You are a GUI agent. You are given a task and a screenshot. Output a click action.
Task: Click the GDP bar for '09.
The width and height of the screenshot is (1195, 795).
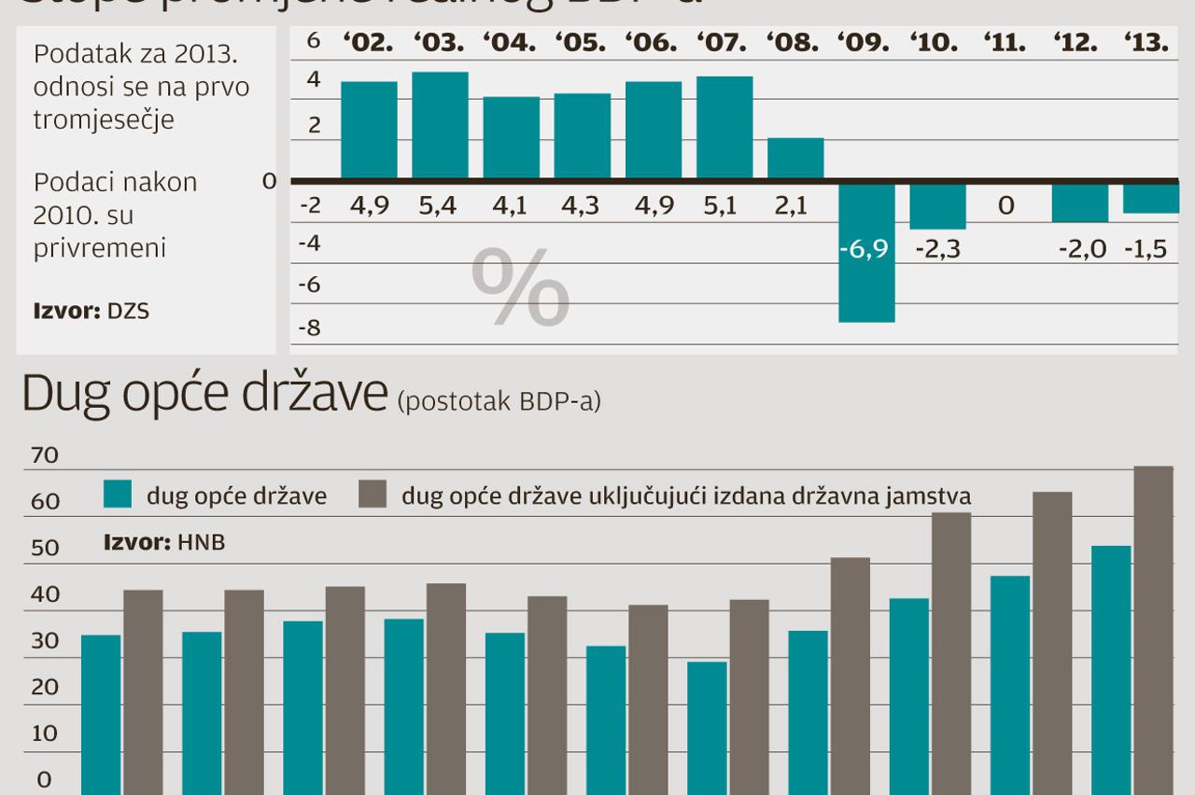click(866, 252)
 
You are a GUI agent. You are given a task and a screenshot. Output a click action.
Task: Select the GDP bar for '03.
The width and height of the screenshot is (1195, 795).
click(440, 125)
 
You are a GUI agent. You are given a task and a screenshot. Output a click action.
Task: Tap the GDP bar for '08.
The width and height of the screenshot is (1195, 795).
click(795, 158)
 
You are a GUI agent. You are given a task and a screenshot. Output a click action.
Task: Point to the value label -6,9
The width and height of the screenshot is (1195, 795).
click(864, 250)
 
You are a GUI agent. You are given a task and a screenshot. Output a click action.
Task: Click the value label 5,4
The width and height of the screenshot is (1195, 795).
click(438, 205)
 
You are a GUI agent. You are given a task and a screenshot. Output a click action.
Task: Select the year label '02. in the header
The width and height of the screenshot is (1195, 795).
click(368, 43)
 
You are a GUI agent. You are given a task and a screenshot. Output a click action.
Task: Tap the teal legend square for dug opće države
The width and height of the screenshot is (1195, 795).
click(118, 495)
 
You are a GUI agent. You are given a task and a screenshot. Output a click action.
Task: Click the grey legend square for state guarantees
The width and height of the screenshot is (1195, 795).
click(373, 495)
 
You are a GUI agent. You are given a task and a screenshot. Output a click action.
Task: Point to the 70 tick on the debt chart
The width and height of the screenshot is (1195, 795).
click(45, 456)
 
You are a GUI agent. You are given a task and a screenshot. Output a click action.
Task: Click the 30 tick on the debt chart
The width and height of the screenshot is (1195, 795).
click(45, 641)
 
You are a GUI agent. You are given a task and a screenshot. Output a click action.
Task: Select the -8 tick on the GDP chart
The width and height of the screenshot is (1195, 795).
click(309, 328)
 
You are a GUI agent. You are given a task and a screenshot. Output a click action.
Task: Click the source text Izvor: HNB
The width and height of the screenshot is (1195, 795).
click(164, 542)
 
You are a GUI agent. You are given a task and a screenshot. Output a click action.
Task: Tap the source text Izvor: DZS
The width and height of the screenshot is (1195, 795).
click(91, 312)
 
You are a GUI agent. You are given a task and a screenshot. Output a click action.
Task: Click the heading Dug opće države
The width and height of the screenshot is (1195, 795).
click(204, 396)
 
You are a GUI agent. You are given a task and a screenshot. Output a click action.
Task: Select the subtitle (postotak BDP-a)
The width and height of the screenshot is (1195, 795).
click(499, 402)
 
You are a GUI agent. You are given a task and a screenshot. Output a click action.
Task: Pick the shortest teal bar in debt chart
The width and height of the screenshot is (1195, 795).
click(707, 728)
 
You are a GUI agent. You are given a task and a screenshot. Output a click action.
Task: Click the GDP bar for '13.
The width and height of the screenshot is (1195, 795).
click(1150, 198)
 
